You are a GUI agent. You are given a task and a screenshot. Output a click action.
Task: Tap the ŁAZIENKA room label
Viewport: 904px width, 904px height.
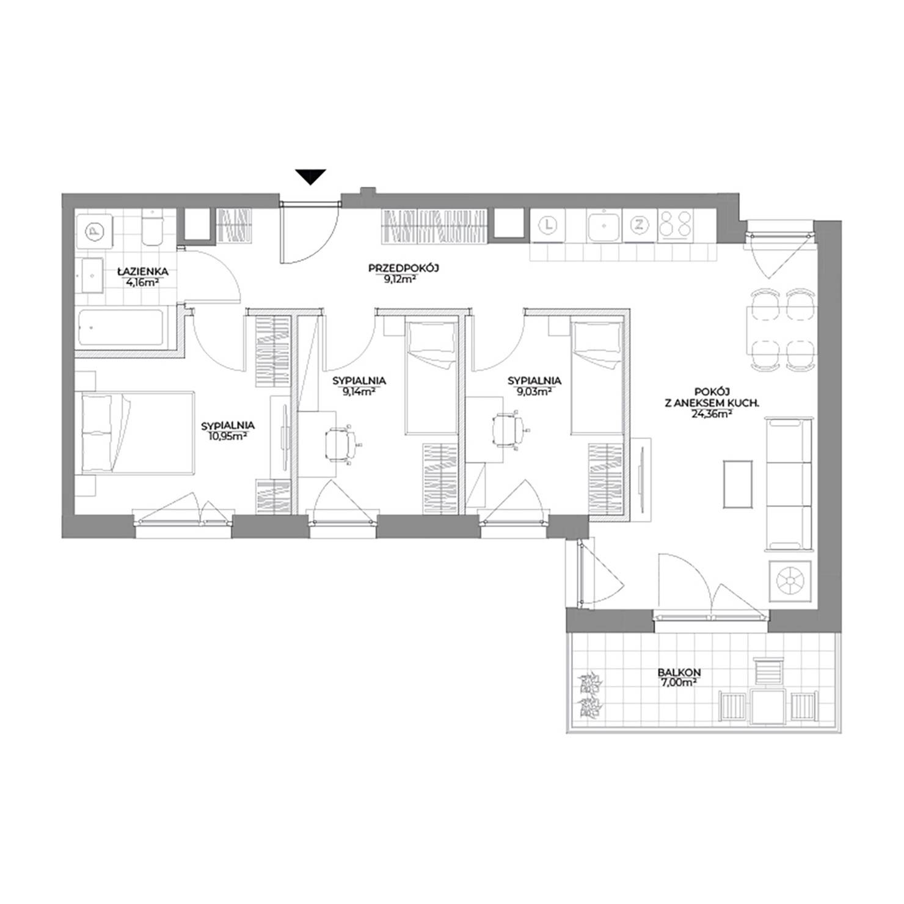[144, 272]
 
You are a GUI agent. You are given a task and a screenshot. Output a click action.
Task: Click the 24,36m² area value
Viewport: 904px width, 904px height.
[713, 412]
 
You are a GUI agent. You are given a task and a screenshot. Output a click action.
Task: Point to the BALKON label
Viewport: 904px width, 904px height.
[679, 673]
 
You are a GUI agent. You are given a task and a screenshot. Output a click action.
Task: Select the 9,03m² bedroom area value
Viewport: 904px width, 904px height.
[534, 392]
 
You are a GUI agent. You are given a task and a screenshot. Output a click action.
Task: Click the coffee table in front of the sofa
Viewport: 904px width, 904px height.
[738, 483]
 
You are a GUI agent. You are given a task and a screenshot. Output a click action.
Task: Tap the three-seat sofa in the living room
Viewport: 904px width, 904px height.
[788, 483]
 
